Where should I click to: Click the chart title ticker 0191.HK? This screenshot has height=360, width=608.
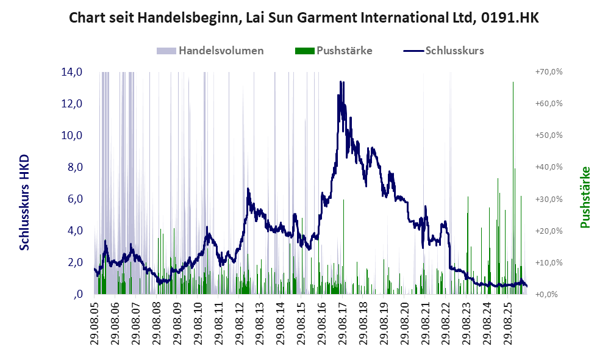pos(510,18)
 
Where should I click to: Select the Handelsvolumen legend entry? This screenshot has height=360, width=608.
pos(210,51)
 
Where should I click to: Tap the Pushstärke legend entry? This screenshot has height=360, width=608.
pos(334,51)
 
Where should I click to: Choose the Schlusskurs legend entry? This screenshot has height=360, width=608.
pos(443,51)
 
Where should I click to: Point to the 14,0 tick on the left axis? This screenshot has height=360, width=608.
pos(72,72)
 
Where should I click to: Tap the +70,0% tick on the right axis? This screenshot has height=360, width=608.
pos(549,72)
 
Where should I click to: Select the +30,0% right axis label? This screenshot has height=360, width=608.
pos(549,199)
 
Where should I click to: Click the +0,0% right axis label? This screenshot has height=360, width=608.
pos(547,295)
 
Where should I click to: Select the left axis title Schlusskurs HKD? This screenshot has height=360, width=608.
pos(24,203)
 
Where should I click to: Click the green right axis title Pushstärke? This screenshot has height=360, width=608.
pos(585,197)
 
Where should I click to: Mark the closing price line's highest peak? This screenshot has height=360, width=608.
pos(340,82)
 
